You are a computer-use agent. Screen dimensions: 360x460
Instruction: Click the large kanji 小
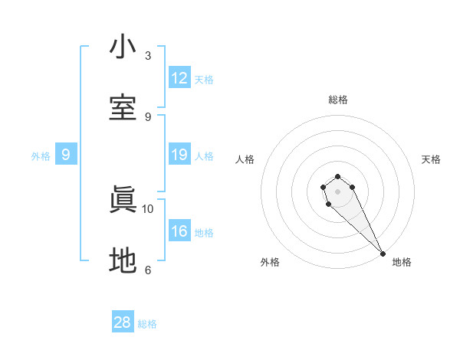pos(123,47)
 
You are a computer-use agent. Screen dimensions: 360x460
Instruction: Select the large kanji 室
pos(123,108)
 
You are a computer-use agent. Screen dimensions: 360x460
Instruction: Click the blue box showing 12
pos(179,78)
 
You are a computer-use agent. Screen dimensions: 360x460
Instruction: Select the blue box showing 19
pos(179,155)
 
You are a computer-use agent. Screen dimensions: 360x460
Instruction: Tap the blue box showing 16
pos(179,232)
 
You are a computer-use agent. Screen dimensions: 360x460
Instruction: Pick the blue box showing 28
pos(123,322)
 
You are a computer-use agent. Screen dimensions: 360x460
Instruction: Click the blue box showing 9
pos(66,155)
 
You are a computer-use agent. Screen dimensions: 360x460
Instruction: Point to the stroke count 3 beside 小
pos(148,56)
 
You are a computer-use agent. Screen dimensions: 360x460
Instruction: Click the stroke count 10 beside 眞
pos(148,208)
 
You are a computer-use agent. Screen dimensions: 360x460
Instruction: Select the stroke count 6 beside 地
pos(148,270)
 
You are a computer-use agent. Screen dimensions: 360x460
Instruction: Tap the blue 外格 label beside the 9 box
pos(41,156)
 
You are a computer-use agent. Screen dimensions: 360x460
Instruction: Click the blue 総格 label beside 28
pos(147,324)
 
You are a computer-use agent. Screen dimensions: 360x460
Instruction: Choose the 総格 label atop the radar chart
pos(338,100)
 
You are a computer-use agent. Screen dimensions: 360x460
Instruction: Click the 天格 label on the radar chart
pos(431,159)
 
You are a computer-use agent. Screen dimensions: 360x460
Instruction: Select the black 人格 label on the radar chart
pos(245,159)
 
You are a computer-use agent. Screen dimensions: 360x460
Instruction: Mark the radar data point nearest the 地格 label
pos(383,253)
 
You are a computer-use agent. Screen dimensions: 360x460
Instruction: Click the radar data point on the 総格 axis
pos(338,173)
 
